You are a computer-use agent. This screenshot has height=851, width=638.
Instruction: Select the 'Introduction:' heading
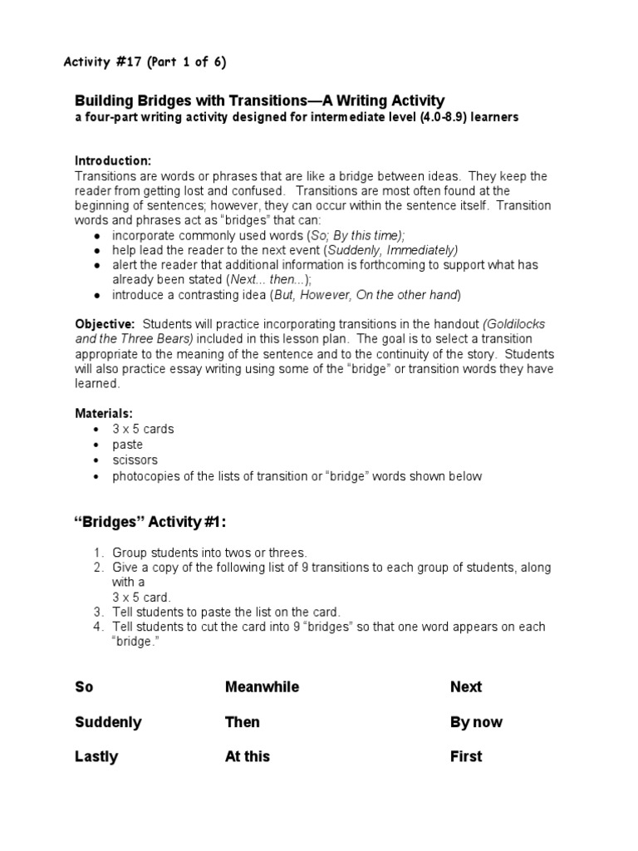click(113, 160)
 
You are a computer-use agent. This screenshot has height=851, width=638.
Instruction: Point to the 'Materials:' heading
click(104, 413)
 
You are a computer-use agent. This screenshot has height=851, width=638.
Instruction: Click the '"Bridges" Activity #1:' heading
click(150, 522)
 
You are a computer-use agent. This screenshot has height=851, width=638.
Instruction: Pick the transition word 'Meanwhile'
click(262, 687)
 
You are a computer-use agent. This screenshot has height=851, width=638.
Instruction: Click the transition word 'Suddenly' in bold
click(108, 722)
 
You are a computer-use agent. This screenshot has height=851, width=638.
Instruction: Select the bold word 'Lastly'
click(96, 757)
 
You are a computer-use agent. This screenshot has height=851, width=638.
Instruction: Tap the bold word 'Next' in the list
click(466, 687)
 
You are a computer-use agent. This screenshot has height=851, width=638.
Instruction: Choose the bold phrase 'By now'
click(476, 722)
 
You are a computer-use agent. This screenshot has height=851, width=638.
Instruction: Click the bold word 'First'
click(466, 757)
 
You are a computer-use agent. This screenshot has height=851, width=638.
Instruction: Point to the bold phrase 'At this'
click(248, 757)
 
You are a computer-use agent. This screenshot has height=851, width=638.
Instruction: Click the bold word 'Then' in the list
click(243, 722)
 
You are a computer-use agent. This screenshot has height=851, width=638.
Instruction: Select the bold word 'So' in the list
click(84, 687)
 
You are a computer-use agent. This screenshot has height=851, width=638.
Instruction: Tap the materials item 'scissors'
click(135, 460)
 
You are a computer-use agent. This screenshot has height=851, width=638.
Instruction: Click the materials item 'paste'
click(128, 445)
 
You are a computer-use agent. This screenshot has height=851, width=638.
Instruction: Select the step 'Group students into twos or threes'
click(209, 552)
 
